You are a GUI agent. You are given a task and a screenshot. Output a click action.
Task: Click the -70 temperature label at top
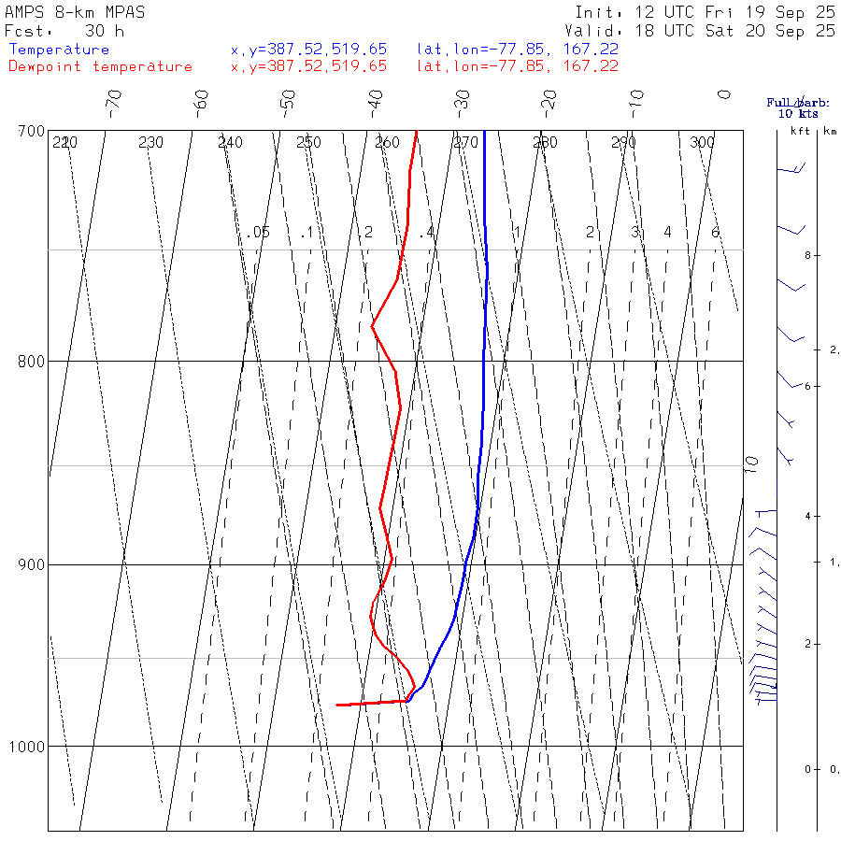click(114, 100)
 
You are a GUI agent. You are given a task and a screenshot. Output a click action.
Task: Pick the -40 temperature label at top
click(376, 100)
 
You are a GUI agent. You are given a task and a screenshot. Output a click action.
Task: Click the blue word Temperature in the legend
click(59, 50)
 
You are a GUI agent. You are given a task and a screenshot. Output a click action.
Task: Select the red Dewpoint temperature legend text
click(100, 66)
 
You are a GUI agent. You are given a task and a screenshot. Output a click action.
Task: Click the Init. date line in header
click(706, 13)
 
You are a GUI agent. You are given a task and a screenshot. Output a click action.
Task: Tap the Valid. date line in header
click(706, 31)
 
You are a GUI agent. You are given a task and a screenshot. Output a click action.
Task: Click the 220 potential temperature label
click(64, 142)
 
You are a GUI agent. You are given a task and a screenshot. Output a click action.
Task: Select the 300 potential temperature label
click(702, 142)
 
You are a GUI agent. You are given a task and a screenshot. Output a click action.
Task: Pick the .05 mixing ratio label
click(261, 232)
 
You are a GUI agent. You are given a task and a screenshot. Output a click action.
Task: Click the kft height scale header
click(800, 131)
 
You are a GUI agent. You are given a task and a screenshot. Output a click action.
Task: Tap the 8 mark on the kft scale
click(792, 255)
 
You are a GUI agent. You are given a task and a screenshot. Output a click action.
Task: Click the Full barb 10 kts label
click(798, 108)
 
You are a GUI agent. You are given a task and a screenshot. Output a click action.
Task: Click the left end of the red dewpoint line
click(337, 705)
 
